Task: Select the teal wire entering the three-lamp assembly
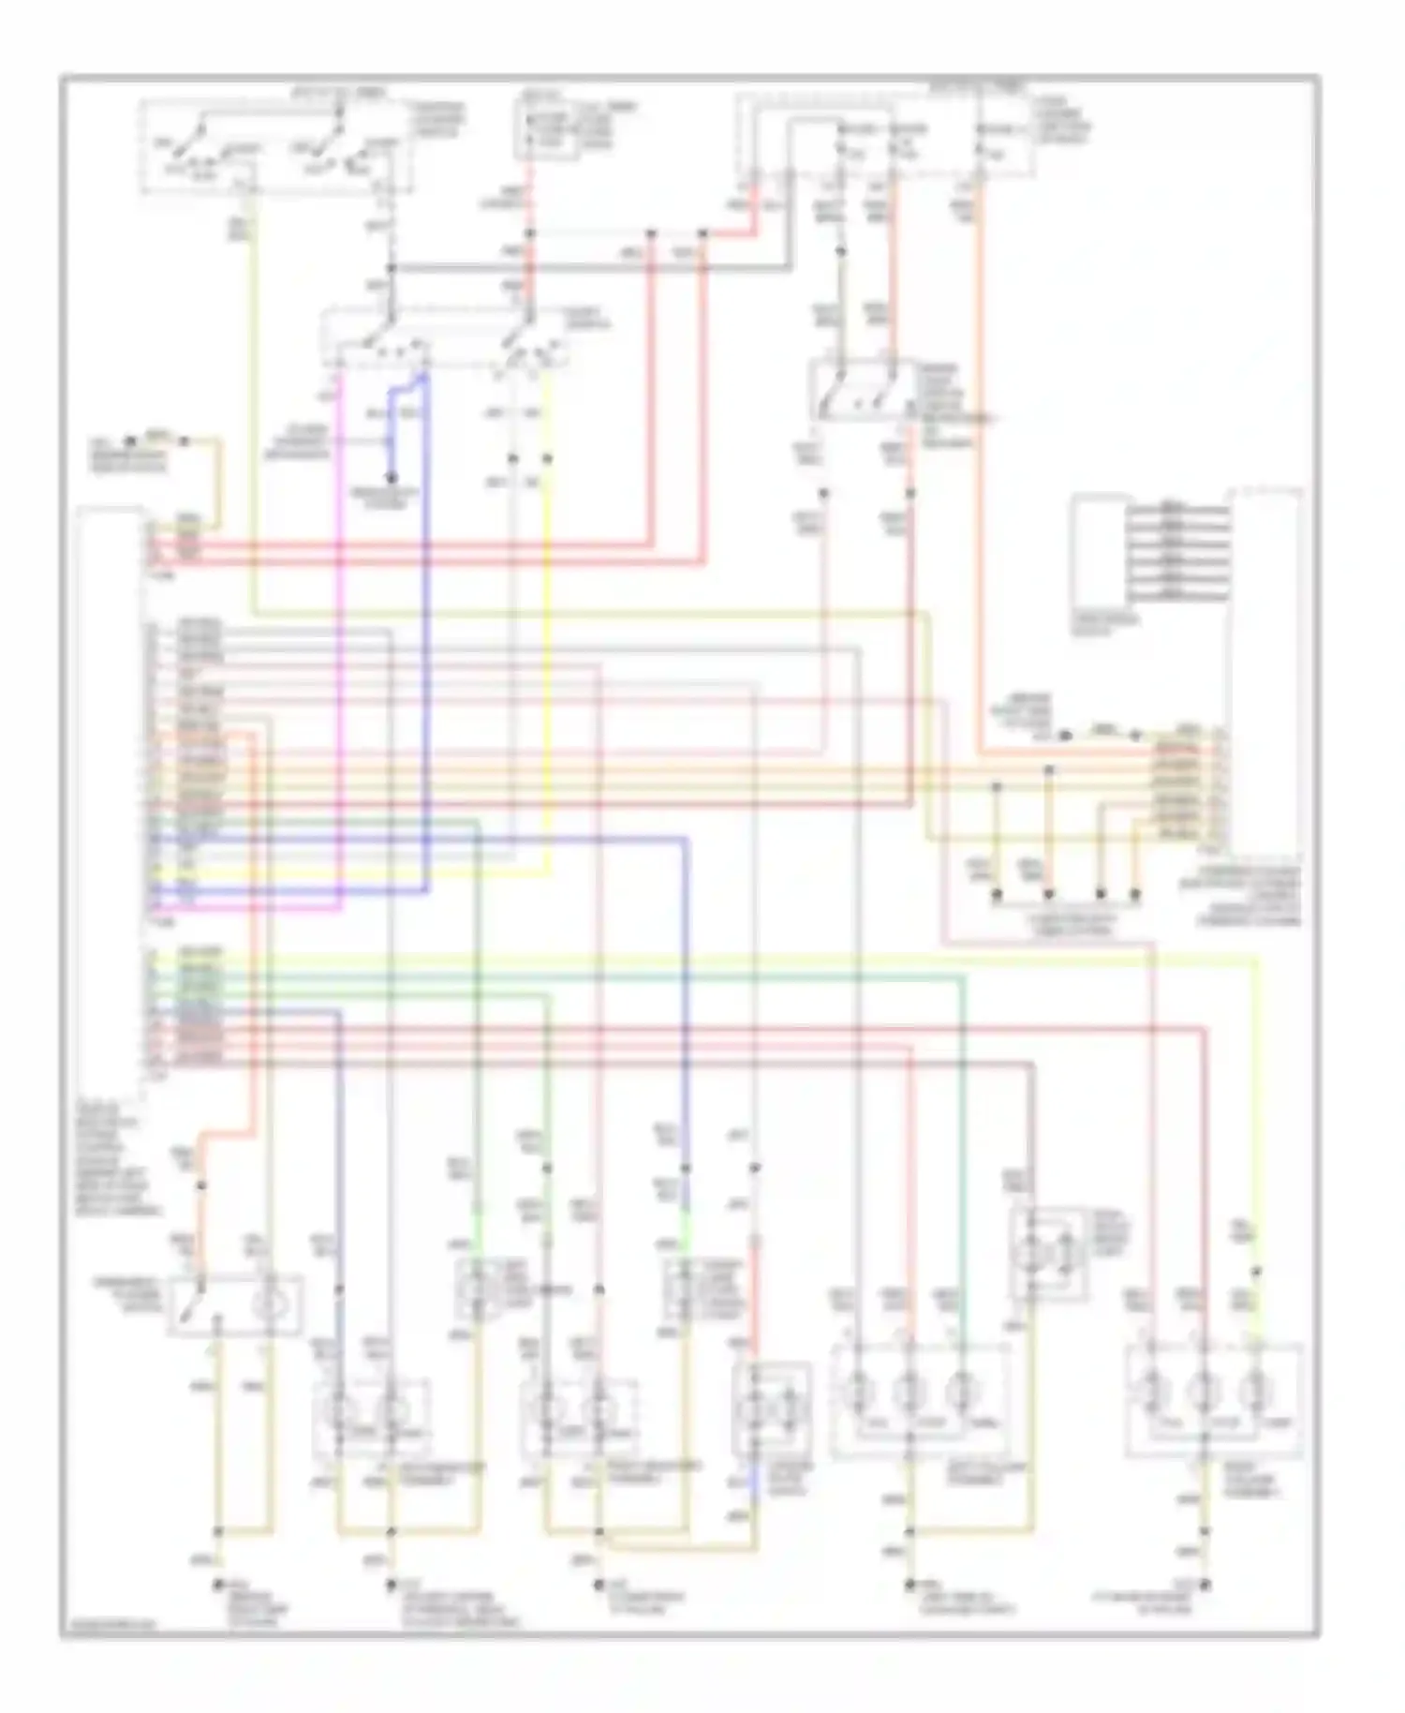click(x=962, y=1171)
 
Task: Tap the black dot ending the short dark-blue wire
click(x=392, y=479)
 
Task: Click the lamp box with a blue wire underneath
click(x=773, y=1406)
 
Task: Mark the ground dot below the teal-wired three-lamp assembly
click(x=909, y=1585)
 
